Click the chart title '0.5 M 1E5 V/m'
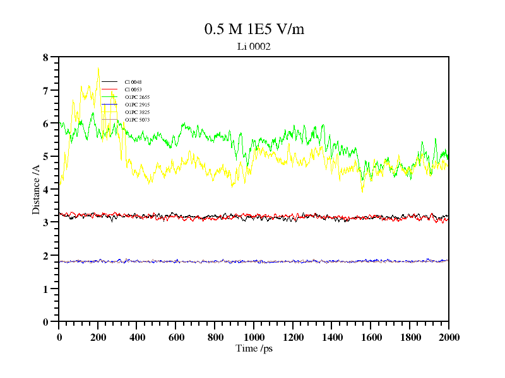click(x=254, y=29)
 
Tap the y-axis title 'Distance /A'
click(x=37, y=189)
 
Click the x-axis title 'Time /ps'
click(x=253, y=348)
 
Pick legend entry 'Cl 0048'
click(x=133, y=82)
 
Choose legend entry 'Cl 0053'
click(x=133, y=89)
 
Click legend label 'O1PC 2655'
click(x=137, y=97)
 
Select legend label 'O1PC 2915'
click(x=137, y=105)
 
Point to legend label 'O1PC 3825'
click(x=137, y=112)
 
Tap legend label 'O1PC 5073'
click(x=137, y=120)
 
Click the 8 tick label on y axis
click(x=45, y=57)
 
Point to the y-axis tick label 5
click(x=45, y=156)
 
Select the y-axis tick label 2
click(x=45, y=256)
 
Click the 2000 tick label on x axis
click(x=448, y=337)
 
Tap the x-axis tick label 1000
click(x=253, y=337)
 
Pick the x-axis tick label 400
click(x=137, y=337)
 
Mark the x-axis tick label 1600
click(x=371, y=337)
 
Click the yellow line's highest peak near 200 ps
click(x=98, y=69)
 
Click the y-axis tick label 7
click(x=45, y=91)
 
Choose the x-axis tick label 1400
click(x=331, y=337)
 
